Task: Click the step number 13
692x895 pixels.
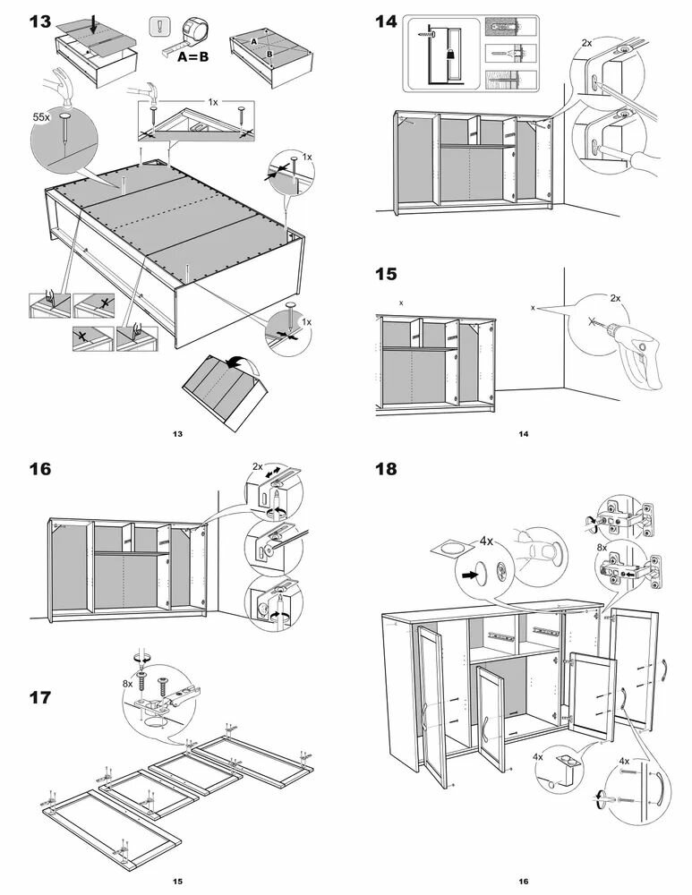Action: pos(39,21)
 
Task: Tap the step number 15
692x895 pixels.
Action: pos(386,274)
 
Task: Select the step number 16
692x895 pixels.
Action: pos(39,469)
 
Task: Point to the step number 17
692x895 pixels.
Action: pos(39,697)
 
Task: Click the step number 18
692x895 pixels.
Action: pos(386,469)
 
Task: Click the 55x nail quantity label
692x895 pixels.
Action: pos(41,117)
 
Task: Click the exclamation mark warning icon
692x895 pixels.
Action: pos(158,27)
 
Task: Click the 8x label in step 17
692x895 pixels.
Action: pos(129,683)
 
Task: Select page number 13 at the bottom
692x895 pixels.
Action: pos(177,434)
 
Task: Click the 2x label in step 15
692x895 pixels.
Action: pos(615,297)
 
